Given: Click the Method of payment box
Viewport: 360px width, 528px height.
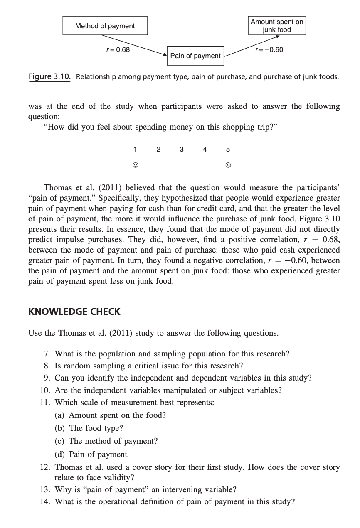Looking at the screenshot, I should pyautogui.click(x=105, y=26).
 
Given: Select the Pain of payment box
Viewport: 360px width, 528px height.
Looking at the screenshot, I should pyautogui.click(x=195, y=56).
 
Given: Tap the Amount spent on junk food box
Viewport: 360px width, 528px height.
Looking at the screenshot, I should pyautogui.click(x=277, y=26).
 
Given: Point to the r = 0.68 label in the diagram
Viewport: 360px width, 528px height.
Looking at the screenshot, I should pyautogui.click(x=118, y=50).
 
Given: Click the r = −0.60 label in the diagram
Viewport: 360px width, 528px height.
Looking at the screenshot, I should pyautogui.click(x=269, y=50).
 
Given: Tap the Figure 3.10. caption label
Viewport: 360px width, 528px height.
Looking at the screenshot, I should pyautogui.click(x=49, y=77).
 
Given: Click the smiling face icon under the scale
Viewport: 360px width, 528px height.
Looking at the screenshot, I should pyautogui.click(x=135, y=165).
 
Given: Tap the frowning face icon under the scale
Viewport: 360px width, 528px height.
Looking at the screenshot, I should pyautogui.click(x=228, y=165).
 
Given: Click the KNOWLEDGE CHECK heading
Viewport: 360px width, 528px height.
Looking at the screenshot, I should pyautogui.click(x=74, y=312).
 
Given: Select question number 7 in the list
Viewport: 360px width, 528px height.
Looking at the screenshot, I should pyautogui.click(x=47, y=354).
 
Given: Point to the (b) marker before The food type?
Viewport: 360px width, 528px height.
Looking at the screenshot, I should pyautogui.click(x=60, y=428).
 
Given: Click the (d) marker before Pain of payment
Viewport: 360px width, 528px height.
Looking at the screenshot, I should pyautogui.click(x=60, y=454).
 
